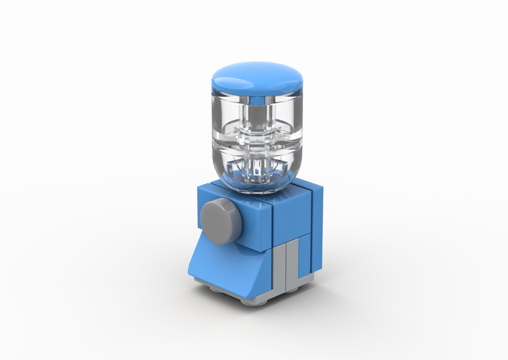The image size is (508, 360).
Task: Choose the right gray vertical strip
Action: [292, 262]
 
